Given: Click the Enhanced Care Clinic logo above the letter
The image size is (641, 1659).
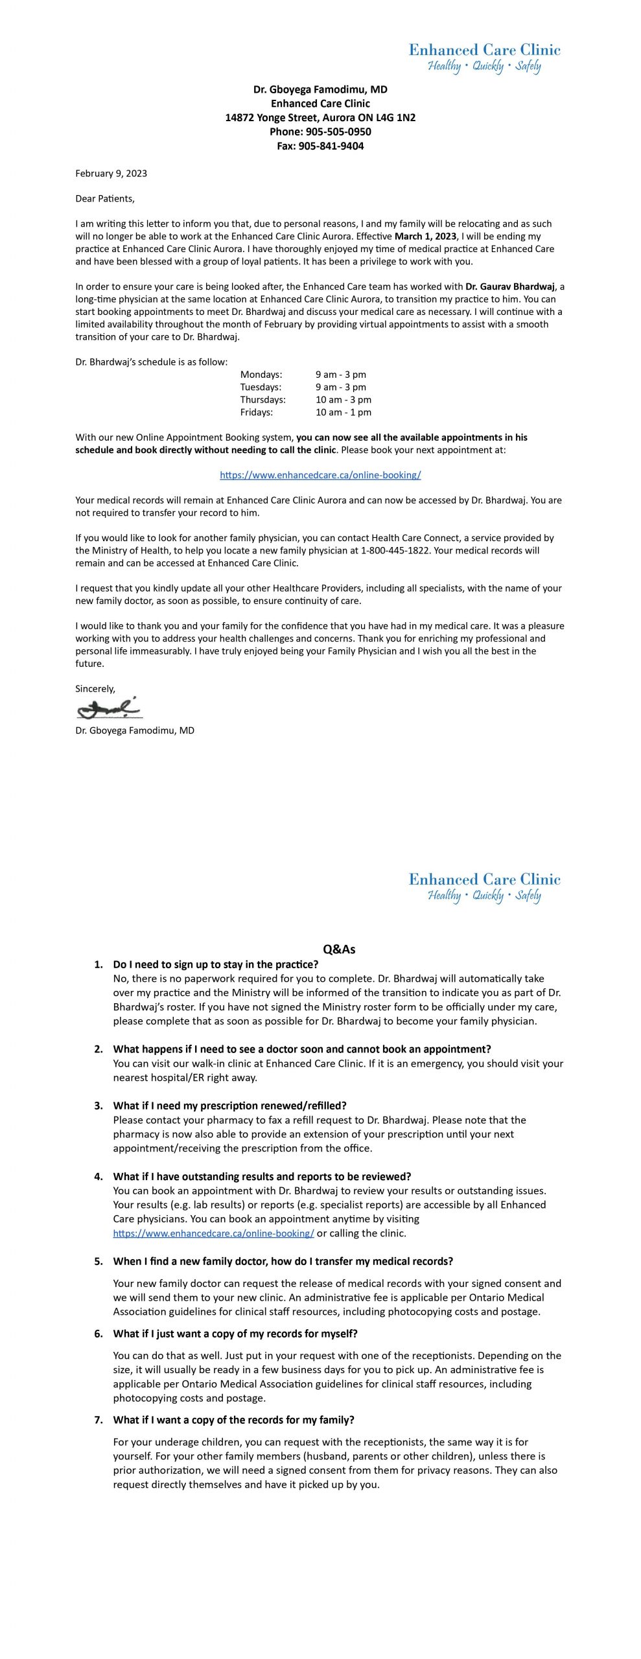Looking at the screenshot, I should pos(484,58).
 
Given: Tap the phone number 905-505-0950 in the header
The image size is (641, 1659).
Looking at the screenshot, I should pos(338,132).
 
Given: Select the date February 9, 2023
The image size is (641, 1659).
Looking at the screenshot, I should pos(111,173).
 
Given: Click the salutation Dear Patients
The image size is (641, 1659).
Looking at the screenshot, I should pos(104,198).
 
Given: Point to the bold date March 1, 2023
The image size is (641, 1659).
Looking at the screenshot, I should pos(425,236).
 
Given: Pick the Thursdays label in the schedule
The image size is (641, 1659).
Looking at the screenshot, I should pos(262,399).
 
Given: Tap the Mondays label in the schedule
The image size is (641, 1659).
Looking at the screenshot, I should pos(261,375).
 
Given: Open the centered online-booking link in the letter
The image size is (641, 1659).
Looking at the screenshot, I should pos(320,475).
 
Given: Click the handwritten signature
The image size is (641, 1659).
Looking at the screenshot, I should pos(109,708).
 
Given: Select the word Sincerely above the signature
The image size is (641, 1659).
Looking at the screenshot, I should pos(95,688).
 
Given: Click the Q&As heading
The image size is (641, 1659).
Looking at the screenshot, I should pos(339,949).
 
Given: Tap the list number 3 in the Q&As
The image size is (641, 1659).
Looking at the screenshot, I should pos(99,1106).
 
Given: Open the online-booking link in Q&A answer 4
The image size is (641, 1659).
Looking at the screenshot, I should pos(213,1233).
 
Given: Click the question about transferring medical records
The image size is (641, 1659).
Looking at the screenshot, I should pos(283,1261).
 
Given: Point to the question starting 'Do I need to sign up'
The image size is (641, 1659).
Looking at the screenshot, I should pos(215,964).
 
